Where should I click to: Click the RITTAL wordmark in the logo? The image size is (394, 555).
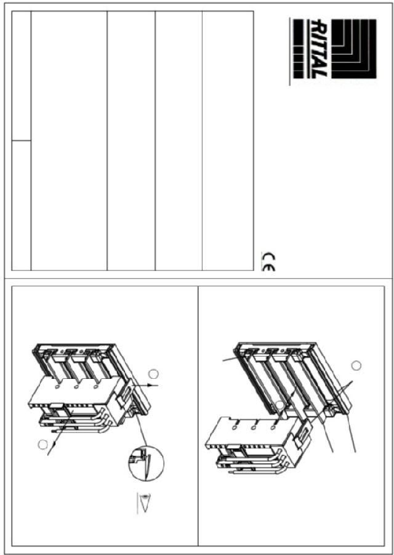coord(319,49)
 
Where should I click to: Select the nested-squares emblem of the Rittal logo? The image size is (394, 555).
coord(354,49)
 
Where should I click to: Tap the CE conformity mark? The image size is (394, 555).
coord(268,261)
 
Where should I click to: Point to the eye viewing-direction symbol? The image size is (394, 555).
coord(143,503)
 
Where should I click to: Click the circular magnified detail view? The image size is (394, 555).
coord(146,463)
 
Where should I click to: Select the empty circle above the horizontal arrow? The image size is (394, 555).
coord(153,373)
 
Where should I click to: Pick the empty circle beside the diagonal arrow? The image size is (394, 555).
coord(43,445)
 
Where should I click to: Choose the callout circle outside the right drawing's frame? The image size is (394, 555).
coord(356,365)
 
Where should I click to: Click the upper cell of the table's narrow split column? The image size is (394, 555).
coord(21,76)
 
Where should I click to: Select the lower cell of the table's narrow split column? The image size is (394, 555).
coord(21,205)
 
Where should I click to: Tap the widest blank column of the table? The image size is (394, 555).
coord(69,141)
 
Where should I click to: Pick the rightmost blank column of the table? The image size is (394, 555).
coord(228,141)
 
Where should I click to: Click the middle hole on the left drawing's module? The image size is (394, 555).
coord(76,387)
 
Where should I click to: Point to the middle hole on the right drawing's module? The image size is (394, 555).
coord(254,428)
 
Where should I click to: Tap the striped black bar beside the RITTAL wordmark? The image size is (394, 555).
coord(299,49)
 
